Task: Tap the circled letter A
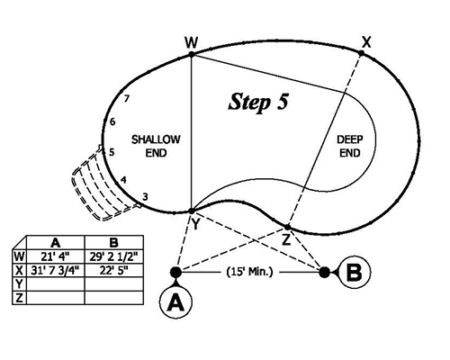[x=175, y=302]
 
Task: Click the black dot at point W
[x=192, y=55]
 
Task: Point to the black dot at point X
[x=362, y=54]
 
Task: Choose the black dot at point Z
[x=287, y=227]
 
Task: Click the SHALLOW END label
[x=156, y=147]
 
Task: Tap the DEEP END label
[x=349, y=147]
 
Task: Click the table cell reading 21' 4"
[x=56, y=255]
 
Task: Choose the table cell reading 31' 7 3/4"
[x=56, y=267]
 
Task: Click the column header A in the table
[x=56, y=243]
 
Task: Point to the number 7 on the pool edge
[x=128, y=99]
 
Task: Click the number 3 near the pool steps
[x=145, y=196]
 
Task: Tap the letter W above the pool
[x=191, y=41]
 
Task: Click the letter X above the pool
[x=365, y=40]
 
